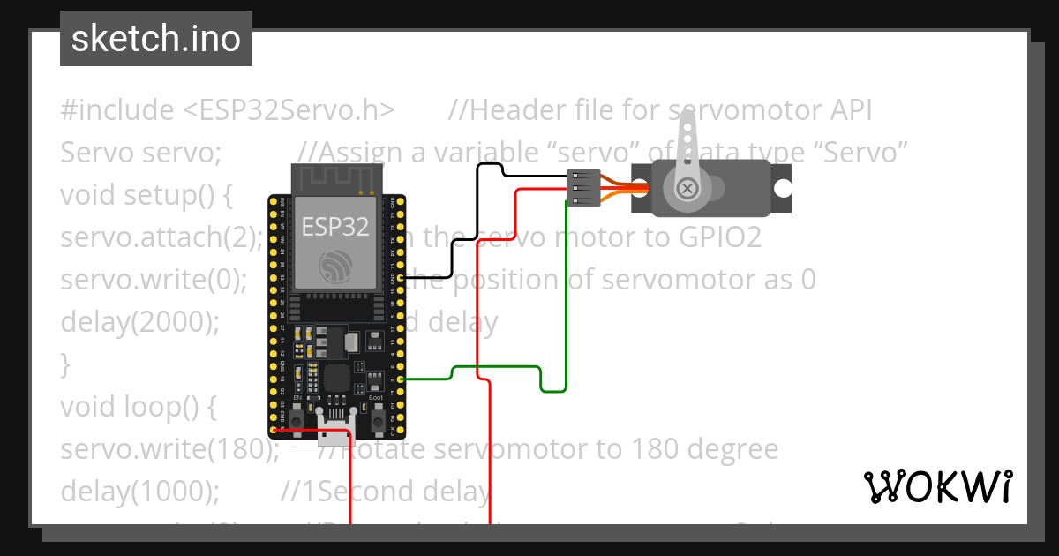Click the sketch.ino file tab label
pyautogui.click(x=155, y=39)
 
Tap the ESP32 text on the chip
pyautogui.click(x=335, y=227)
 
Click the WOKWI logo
pyautogui.click(x=937, y=486)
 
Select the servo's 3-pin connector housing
pyautogui.click(x=583, y=188)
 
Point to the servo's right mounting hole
pyautogui.click(x=782, y=189)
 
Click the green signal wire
pyautogui.click(x=494, y=366)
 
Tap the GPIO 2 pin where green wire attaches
pyautogui.click(x=402, y=379)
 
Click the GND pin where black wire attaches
pyautogui.click(x=402, y=278)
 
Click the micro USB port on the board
pyautogui.click(x=335, y=434)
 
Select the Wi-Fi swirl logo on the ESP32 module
pyautogui.click(x=335, y=266)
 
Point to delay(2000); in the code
pyautogui.click(x=139, y=322)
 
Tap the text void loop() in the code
pyautogui.click(x=138, y=407)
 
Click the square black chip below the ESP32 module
pyautogui.click(x=336, y=379)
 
